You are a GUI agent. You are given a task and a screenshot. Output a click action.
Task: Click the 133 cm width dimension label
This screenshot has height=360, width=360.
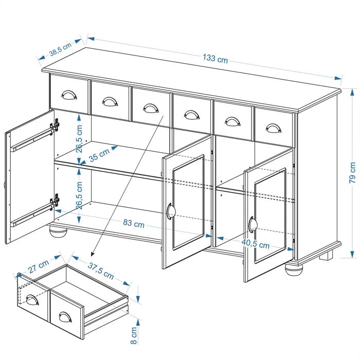pos(215,59)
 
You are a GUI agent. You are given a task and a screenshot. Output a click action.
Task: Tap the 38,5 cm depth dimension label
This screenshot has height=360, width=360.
pos(60,50)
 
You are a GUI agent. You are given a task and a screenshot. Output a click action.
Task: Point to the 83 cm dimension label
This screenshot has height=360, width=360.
pos(133,224)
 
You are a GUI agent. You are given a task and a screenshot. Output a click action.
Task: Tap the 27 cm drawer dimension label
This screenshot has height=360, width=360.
pos(39,267)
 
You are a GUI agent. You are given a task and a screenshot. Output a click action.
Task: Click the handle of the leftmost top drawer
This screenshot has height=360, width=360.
pos(68,95)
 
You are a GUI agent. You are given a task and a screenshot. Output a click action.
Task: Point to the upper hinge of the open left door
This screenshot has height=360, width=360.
pos(55,125)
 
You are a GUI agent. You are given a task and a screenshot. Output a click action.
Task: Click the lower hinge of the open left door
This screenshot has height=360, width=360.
pos(55,200)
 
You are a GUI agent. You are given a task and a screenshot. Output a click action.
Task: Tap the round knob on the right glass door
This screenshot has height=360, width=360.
pos(252,225)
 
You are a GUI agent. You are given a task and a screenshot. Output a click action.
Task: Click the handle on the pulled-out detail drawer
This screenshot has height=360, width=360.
pos(65,317)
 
